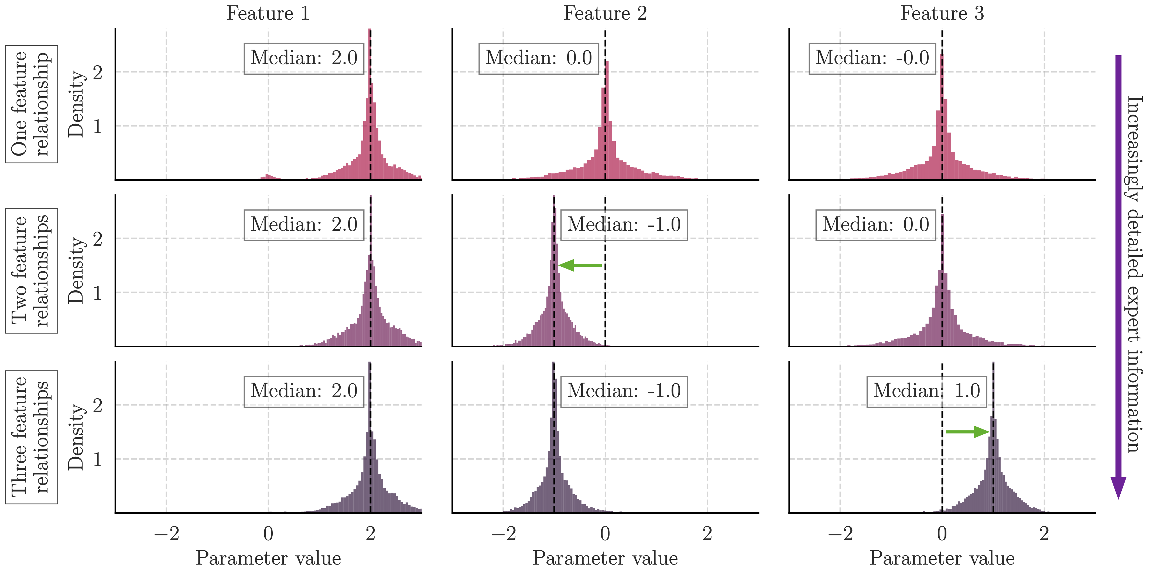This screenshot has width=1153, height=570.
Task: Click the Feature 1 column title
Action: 268,13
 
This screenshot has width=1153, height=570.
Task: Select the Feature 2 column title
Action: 605,13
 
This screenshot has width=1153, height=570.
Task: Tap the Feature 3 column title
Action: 942,13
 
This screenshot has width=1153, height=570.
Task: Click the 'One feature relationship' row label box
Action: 31,104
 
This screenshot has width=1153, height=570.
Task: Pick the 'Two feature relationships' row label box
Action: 31,271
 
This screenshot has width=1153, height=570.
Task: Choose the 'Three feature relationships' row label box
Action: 31,437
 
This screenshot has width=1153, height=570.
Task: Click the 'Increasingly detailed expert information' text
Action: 1134,274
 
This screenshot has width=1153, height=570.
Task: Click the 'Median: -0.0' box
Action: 872,58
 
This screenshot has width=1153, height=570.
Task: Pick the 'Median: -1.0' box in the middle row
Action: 624,225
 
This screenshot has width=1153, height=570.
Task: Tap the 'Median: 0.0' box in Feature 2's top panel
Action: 538,58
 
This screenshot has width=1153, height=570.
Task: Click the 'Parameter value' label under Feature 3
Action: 942,558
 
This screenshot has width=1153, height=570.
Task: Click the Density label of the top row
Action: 76,104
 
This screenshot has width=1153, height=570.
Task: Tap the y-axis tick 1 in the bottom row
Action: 98,459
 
